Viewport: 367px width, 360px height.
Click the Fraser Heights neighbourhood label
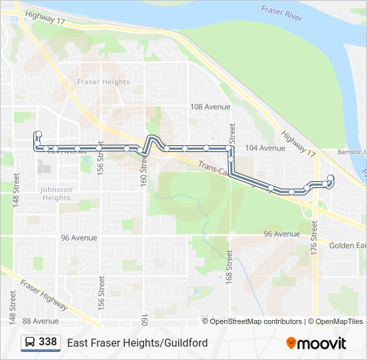click(103, 82)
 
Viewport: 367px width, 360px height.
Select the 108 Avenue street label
click(210, 107)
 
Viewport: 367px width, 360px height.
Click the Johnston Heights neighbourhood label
click(56, 193)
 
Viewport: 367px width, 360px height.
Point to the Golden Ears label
click(348, 245)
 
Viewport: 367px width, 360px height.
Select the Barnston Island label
click(352, 152)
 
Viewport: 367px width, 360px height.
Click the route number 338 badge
click(47, 342)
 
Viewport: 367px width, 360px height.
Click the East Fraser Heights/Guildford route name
click(137, 343)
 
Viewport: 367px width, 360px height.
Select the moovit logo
click(316, 343)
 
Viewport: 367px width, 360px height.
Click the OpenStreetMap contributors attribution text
click(256, 321)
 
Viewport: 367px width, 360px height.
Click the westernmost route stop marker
click(38, 134)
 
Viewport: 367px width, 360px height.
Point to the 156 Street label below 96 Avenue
click(101, 283)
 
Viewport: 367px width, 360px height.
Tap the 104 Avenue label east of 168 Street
click(265, 148)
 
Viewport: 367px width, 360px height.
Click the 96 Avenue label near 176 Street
click(282, 234)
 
